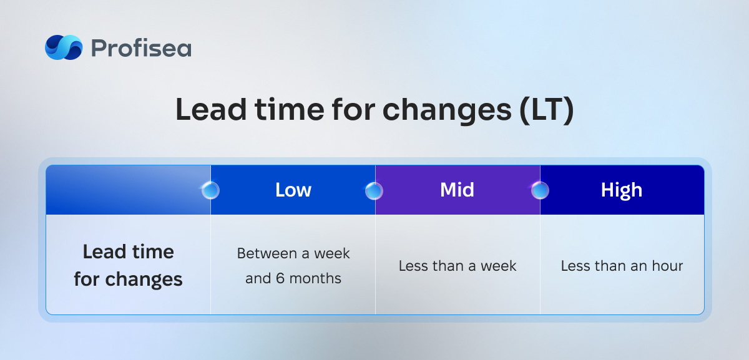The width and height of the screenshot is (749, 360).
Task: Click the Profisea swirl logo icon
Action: pyautogui.click(x=64, y=47)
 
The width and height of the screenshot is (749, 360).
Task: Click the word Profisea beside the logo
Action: pyautogui.click(x=141, y=48)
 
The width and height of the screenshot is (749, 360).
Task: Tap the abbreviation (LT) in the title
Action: pyautogui.click(x=547, y=110)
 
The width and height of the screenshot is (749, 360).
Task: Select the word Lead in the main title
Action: pyautogui.click(x=212, y=109)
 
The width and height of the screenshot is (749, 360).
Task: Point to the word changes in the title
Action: pyautogui.click(x=447, y=111)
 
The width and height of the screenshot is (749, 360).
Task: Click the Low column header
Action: pyautogui.click(x=293, y=190)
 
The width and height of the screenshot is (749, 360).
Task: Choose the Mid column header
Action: pyautogui.click(x=457, y=190)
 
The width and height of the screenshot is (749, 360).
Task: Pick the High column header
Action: pyautogui.click(x=622, y=190)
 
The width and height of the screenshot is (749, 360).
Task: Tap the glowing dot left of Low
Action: pyautogui.click(x=210, y=190)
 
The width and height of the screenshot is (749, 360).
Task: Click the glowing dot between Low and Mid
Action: pyautogui.click(x=374, y=191)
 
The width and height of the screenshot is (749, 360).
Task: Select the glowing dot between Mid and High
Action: pyautogui.click(x=540, y=190)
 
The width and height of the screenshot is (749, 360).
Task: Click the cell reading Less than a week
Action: pyautogui.click(x=458, y=266)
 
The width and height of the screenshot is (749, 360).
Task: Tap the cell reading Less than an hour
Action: pyautogui.click(x=622, y=266)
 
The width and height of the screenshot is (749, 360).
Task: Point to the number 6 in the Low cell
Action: pyautogui.click(x=280, y=278)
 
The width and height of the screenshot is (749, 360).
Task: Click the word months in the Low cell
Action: pyautogui.click(x=315, y=278)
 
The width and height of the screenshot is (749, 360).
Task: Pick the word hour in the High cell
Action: pyautogui.click(x=667, y=266)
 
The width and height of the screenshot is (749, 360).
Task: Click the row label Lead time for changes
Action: pyautogui.click(x=129, y=265)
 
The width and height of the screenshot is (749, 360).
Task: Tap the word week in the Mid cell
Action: pyautogui.click(x=499, y=266)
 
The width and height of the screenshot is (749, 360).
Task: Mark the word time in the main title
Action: pyautogui.click(x=289, y=110)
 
